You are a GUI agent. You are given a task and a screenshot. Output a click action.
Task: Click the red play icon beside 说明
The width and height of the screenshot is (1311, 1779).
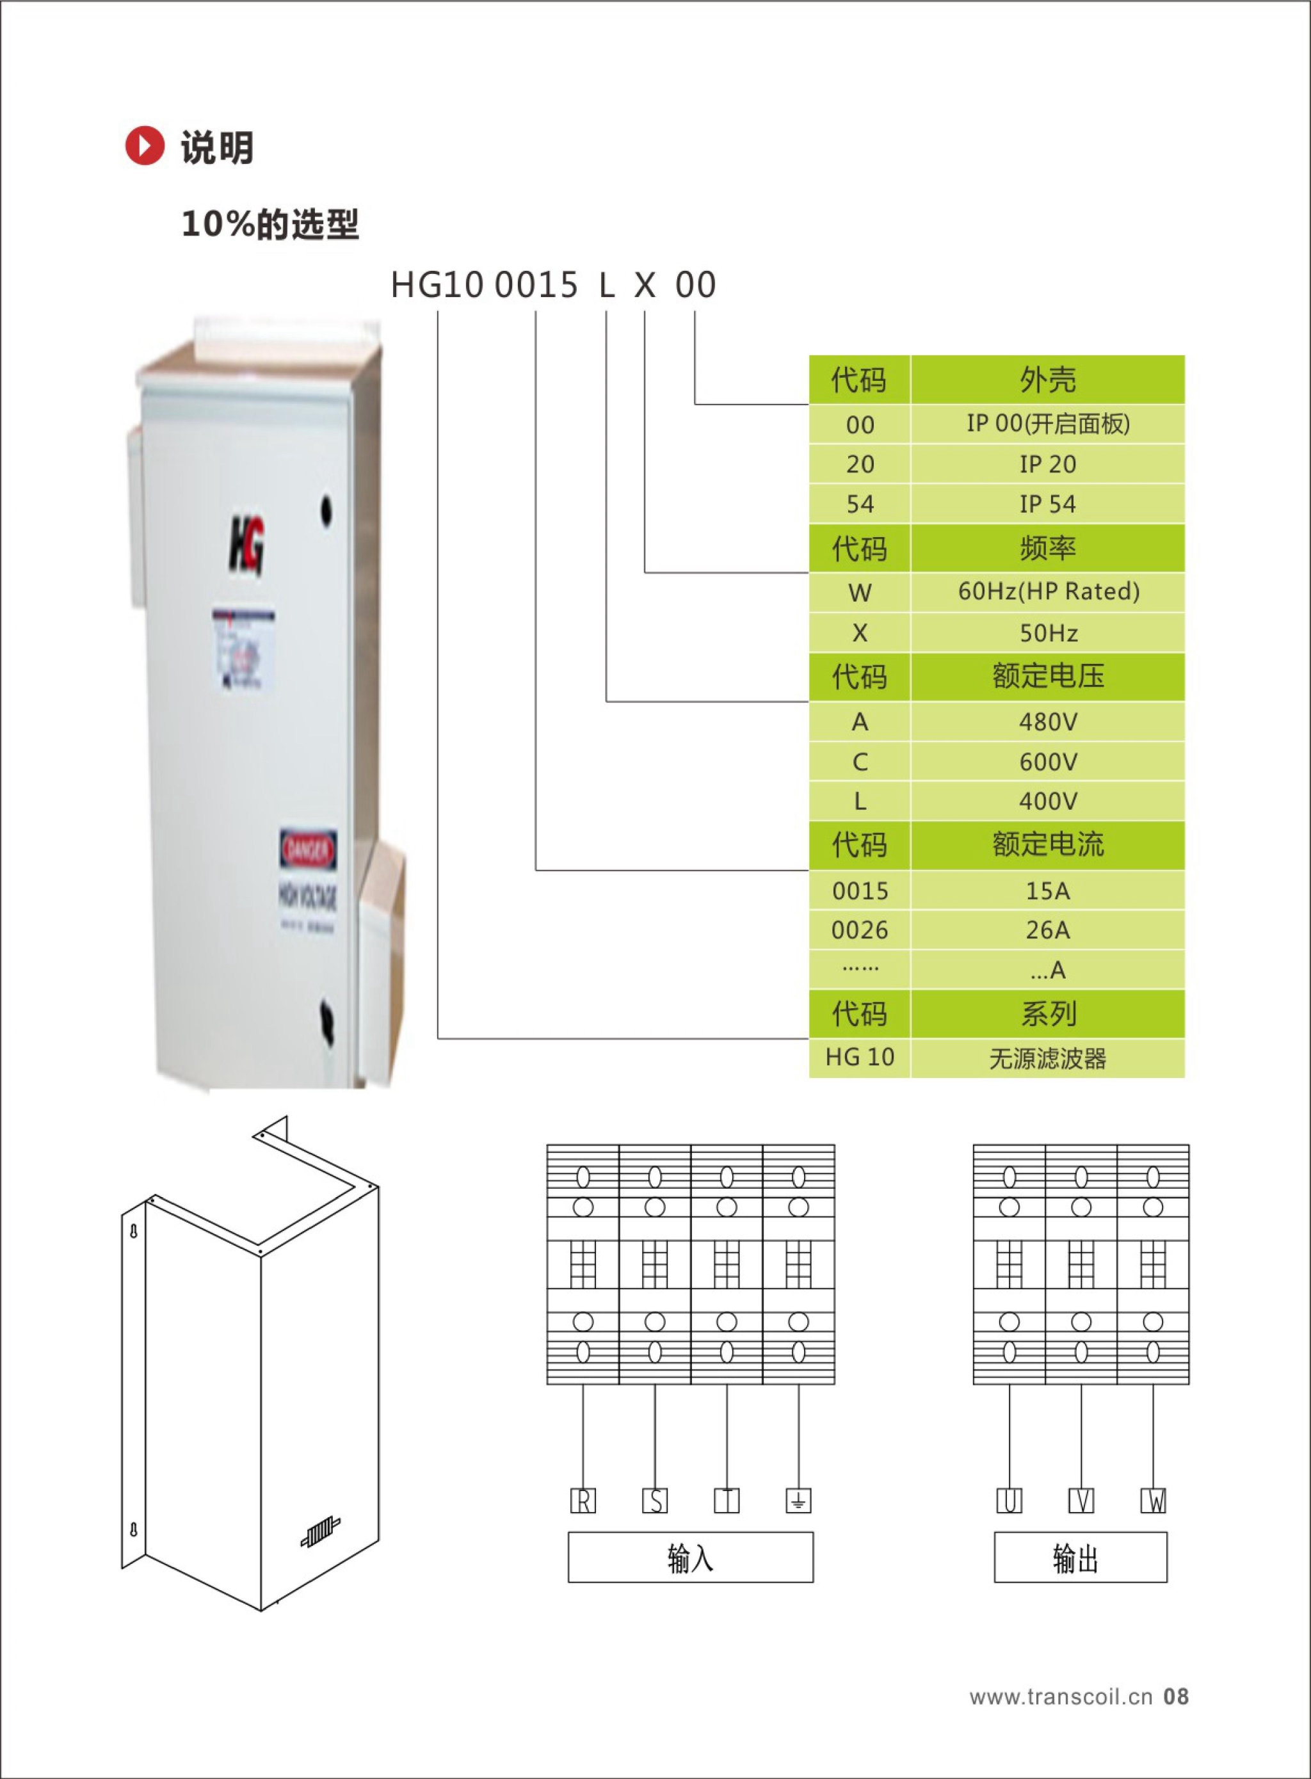coord(145,146)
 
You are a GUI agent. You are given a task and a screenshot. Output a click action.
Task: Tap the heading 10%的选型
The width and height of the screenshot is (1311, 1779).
coord(270,224)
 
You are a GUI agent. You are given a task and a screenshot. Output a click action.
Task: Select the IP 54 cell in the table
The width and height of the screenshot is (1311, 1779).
coord(1047,504)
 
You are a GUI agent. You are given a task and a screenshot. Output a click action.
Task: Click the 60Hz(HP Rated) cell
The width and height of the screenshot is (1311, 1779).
coord(1047,591)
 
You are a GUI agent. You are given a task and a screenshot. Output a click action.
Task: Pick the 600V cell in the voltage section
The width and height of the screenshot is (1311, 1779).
coord(1047,762)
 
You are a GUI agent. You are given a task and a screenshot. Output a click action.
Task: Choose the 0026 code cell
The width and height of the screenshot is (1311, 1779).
coord(860,930)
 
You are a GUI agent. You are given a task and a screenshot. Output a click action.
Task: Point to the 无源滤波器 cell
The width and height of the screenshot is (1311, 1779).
coord(1047,1058)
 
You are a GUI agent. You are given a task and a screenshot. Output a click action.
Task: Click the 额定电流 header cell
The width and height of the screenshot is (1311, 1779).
coord(1047,844)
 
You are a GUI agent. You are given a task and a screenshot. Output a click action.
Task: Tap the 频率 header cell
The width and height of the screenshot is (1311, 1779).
coord(1047,549)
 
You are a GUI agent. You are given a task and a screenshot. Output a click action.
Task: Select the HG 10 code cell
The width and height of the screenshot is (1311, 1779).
coord(860,1058)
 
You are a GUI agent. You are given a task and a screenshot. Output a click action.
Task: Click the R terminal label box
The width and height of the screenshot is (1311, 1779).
coord(583,1501)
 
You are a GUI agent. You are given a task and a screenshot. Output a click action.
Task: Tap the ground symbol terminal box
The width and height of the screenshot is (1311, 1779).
coord(798,1501)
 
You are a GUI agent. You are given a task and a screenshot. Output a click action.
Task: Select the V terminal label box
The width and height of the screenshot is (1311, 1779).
coord(1081,1501)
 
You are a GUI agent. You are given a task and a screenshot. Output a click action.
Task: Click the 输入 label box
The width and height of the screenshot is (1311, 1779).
coord(691,1558)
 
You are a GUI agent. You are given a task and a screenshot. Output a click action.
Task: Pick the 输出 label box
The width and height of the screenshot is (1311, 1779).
coord(1080,1558)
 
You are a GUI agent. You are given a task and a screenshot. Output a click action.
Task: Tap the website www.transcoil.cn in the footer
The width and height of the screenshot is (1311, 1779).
coord(1060,1696)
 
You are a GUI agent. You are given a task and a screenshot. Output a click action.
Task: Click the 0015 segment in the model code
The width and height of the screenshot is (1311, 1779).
coord(536,285)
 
